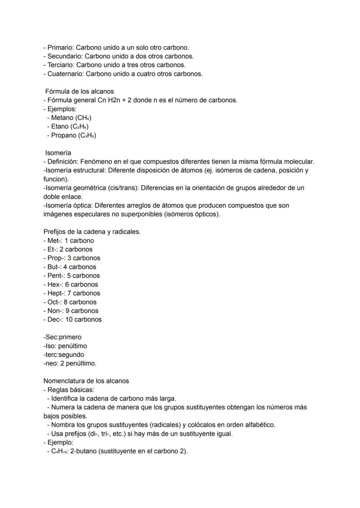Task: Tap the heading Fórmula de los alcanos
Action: [80, 91]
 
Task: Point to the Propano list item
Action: [71, 135]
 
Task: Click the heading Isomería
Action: [58, 153]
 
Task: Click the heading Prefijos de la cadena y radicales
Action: [92, 232]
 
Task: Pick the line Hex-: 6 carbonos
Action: [73, 284]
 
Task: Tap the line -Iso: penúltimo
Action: [65, 346]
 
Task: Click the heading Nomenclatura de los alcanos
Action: [86, 381]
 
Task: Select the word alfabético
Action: [260, 425]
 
